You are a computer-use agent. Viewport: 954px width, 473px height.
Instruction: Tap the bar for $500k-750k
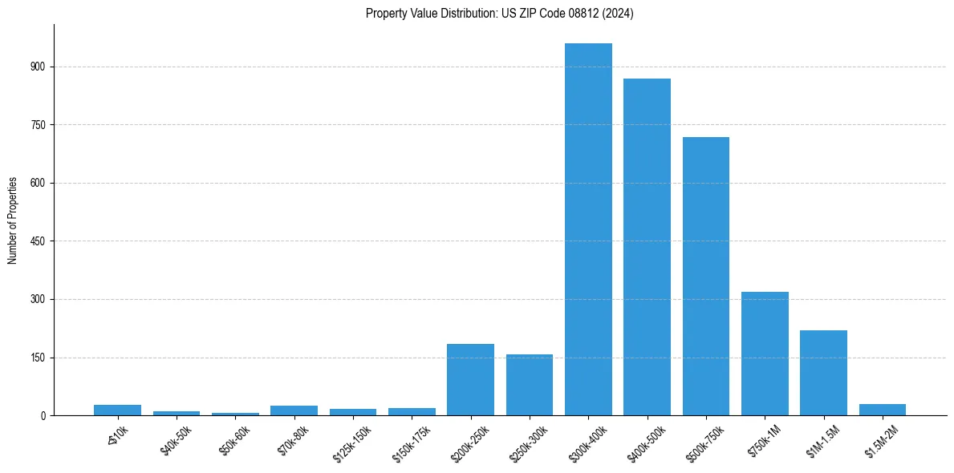(x=706, y=276)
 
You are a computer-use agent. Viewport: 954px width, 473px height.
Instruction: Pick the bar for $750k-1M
(x=765, y=354)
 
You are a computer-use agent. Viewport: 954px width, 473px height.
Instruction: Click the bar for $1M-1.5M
(x=823, y=373)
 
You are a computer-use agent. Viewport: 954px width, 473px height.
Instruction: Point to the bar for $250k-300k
(x=530, y=385)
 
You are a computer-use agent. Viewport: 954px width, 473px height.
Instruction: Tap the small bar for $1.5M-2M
(x=883, y=410)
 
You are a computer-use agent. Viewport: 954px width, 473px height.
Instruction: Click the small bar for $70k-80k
(x=294, y=410)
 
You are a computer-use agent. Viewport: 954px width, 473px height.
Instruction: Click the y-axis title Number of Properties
(x=12, y=220)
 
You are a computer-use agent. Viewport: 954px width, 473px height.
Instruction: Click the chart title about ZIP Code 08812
(x=499, y=13)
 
